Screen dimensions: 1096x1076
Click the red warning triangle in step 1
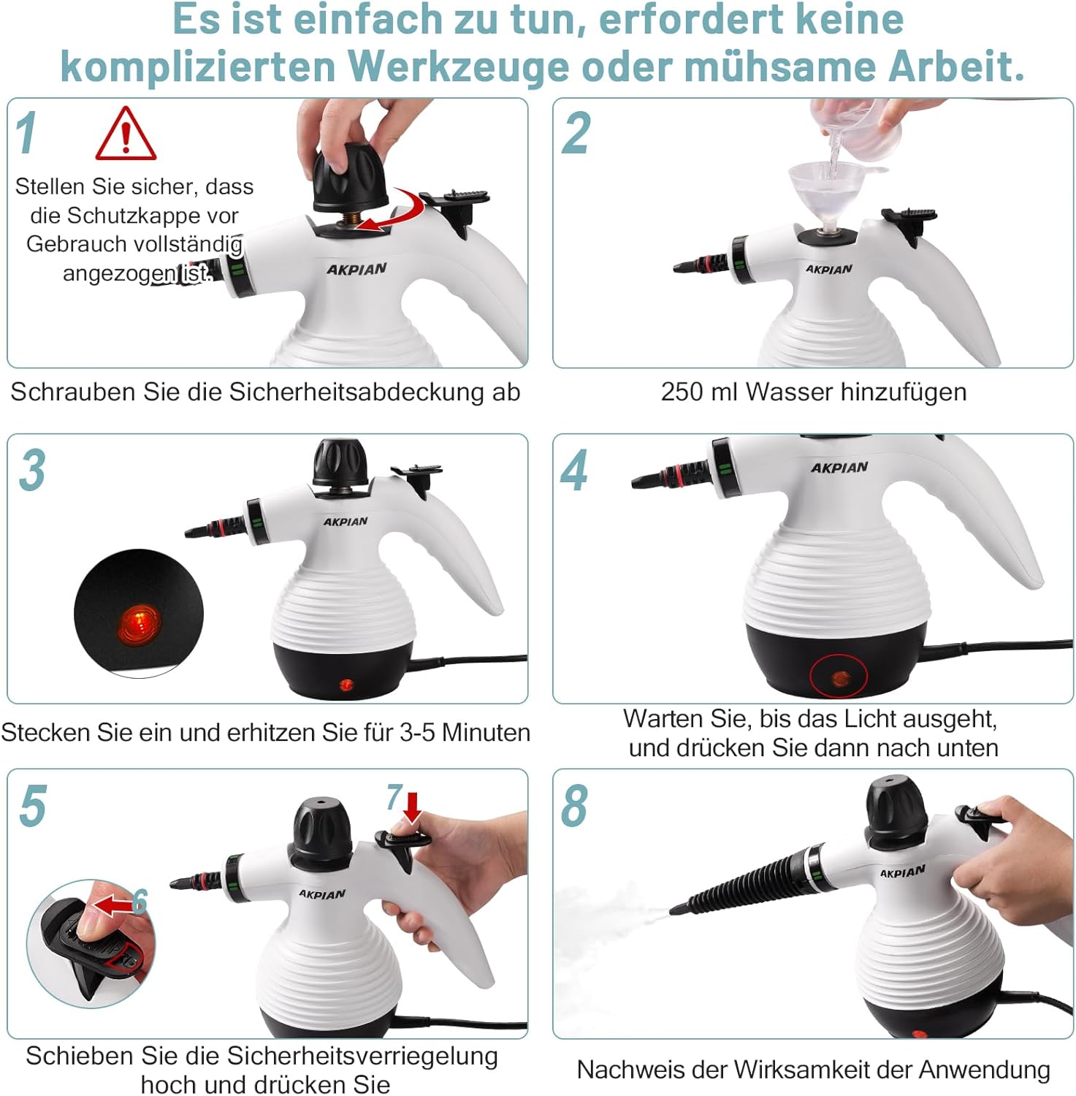coord(126,135)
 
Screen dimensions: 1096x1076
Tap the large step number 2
coord(576,134)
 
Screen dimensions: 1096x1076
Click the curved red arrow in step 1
coord(395,211)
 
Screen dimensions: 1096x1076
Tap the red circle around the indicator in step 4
coord(838,677)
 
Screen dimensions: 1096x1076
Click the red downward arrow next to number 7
coord(413,806)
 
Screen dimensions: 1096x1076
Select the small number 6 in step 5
coord(140,902)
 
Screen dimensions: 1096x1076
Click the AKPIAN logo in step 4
coord(839,467)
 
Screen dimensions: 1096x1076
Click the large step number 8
coord(574,806)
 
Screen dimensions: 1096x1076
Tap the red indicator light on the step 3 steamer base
coord(346,685)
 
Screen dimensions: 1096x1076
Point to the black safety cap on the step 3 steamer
coord(340,462)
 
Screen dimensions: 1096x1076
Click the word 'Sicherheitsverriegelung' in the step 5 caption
coord(362,1057)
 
